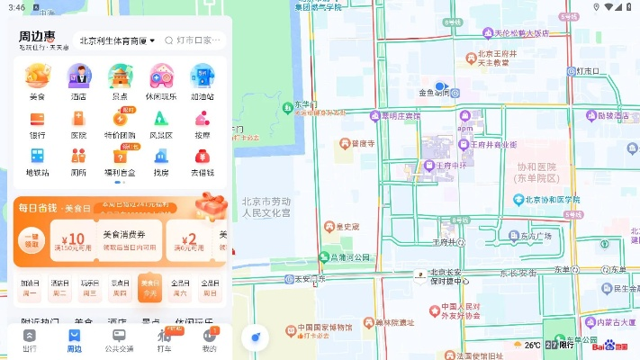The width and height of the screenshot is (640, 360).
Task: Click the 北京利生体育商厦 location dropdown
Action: click(117, 40)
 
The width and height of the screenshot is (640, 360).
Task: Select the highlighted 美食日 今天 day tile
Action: click(149, 287)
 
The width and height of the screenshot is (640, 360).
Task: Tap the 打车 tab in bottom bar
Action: click(164, 339)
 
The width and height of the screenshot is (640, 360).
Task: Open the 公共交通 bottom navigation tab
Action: click(119, 339)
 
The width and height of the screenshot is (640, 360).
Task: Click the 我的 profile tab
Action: click(209, 339)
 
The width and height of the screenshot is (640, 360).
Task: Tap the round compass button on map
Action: click(256, 337)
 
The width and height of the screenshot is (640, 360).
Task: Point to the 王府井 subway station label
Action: click(447, 240)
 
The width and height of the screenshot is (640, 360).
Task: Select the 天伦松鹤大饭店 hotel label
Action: click(521, 33)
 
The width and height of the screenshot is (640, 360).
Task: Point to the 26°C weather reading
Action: click(533, 345)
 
